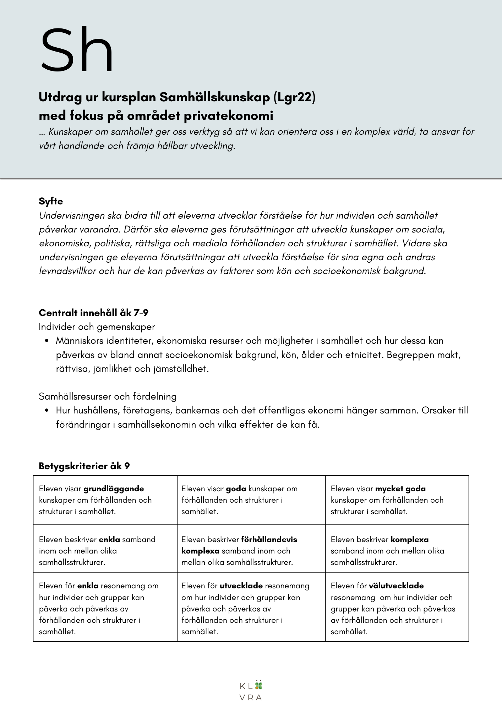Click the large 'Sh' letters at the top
point(77,50)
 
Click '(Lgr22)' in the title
point(294,97)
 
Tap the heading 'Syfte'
point(51,201)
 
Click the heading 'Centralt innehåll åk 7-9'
point(93,313)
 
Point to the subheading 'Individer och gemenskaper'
point(97,327)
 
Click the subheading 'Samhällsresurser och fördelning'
point(107,396)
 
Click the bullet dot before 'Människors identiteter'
point(47,341)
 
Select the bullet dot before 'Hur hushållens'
point(47,411)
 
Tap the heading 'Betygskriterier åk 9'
point(84,466)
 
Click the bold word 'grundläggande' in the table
point(114,489)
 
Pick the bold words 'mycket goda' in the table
point(400,489)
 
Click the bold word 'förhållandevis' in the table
point(269,539)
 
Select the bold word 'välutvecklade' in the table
point(396,586)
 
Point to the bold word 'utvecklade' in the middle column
point(241,586)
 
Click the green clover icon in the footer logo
point(259,685)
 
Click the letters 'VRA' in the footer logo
point(251,697)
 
